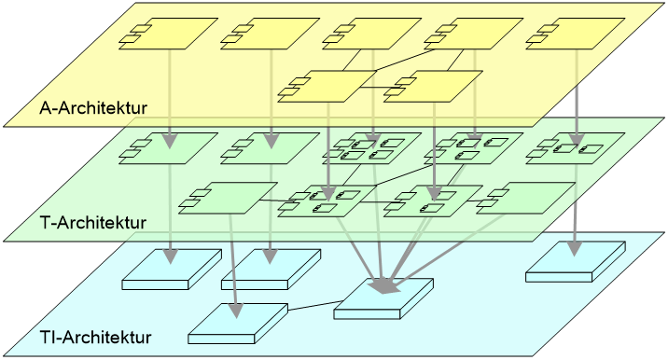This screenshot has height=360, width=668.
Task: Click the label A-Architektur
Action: pyautogui.click(x=93, y=108)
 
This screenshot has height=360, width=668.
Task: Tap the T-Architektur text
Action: pyautogui.click(x=93, y=222)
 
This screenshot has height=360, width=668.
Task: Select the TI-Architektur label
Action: pyautogui.click(x=96, y=337)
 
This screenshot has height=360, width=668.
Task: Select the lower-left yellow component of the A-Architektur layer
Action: pyautogui.click(x=327, y=87)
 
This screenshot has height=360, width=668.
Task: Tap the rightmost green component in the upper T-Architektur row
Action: pyautogui.click(x=576, y=148)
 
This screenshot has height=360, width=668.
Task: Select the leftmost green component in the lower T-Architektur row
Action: pyautogui.click(x=228, y=198)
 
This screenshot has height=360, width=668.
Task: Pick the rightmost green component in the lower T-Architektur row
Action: pyautogui.click(x=525, y=198)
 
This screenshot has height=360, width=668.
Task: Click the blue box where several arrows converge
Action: pyautogui.click(x=383, y=298)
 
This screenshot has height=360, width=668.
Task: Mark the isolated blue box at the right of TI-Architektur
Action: pyautogui.click(x=576, y=261)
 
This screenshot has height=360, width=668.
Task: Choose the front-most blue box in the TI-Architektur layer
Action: pyautogui.click(x=238, y=324)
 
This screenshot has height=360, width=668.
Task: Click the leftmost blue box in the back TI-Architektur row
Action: pyautogui.click(x=172, y=270)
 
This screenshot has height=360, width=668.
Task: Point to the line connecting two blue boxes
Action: pyautogui.click(x=314, y=306)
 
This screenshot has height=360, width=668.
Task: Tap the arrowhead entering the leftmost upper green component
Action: pyautogui.click(x=170, y=141)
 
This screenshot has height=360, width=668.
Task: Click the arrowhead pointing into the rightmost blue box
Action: pyautogui.click(x=575, y=249)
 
